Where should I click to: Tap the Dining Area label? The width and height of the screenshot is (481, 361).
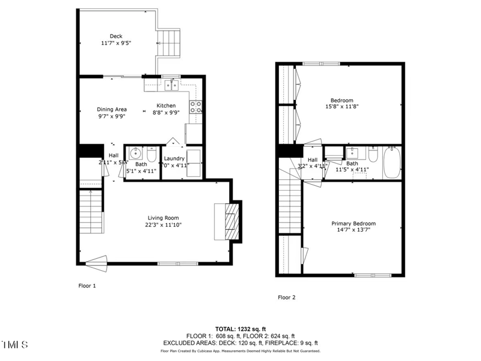pos(112,110)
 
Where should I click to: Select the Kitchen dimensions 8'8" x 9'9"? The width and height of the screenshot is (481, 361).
pos(165,113)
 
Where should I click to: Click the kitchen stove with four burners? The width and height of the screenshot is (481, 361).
pos(196,107)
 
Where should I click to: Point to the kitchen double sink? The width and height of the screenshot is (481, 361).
pos(171,85)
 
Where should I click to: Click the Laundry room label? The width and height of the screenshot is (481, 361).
pos(174,158)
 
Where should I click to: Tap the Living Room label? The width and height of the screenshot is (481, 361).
pos(164,218)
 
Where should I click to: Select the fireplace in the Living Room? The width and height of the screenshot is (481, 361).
pos(230,222)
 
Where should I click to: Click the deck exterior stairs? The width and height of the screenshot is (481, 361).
pos(169,42)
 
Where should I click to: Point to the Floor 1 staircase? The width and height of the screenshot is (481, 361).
pos(91,212)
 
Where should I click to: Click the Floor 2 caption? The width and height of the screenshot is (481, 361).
pos(286,297)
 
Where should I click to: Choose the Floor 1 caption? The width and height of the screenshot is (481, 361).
pos(87,286)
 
